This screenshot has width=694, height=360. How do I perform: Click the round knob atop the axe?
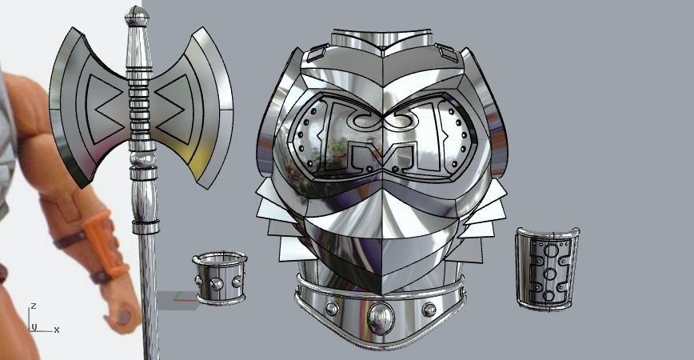point(138,16)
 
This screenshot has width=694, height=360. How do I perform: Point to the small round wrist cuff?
point(220,277)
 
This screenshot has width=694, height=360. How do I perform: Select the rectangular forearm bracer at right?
point(547,267)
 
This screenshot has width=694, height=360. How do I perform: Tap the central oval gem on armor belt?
point(380,318)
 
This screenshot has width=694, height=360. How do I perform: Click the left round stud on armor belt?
point(332,309)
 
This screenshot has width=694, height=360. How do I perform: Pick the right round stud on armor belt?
point(429,309)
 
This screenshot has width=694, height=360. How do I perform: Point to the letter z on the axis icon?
point(33,306)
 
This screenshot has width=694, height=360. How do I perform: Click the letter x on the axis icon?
point(57,330)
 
